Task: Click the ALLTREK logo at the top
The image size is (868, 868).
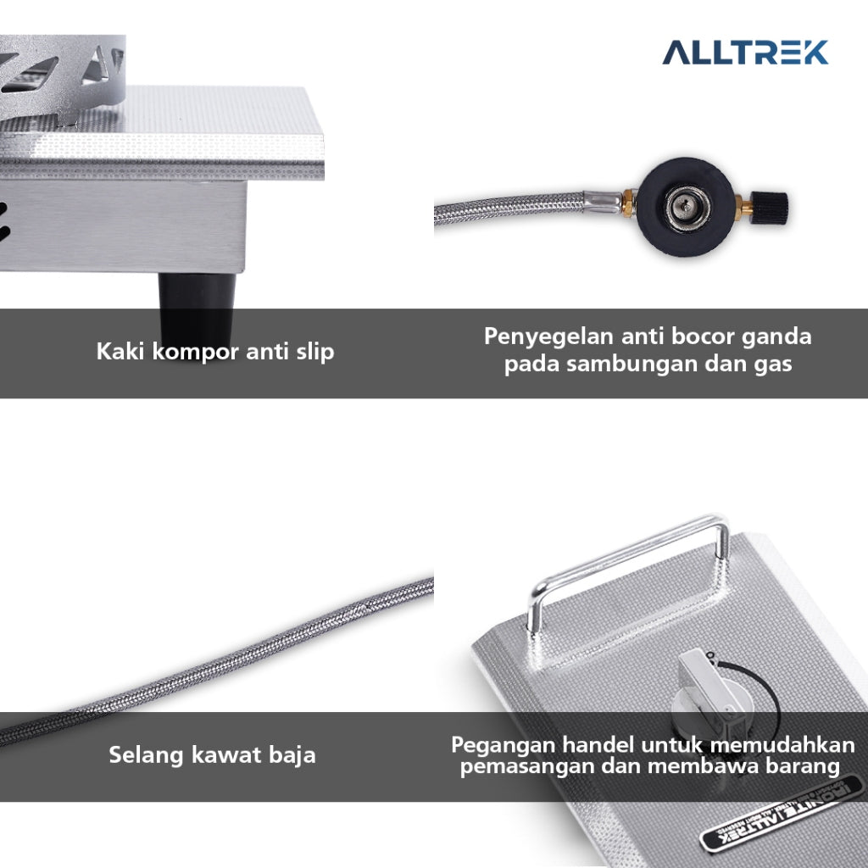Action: (x=745, y=53)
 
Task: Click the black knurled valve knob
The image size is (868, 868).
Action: (x=770, y=208)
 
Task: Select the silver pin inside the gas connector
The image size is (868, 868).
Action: (x=686, y=207)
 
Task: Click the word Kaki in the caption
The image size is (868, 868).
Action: (x=120, y=351)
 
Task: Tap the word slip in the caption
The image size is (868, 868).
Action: (x=315, y=352)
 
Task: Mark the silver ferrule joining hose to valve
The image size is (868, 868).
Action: (x=604, y=202)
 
